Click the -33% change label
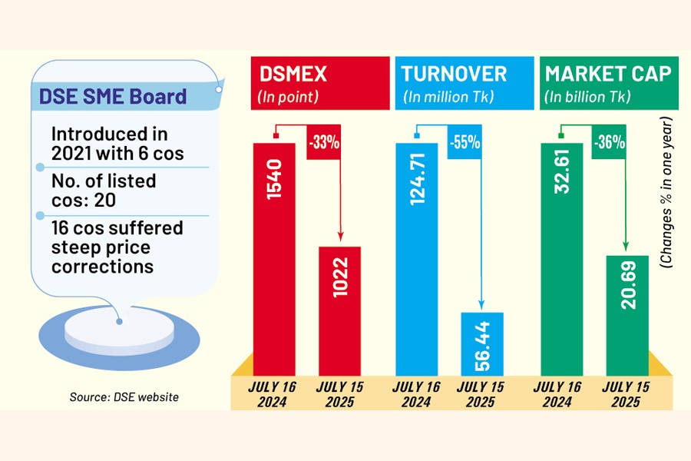(x=323, y=143)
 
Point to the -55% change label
(x=465, y=143)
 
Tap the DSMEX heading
(x=295, y=74)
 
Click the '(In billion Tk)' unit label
(x=587, y=97)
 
